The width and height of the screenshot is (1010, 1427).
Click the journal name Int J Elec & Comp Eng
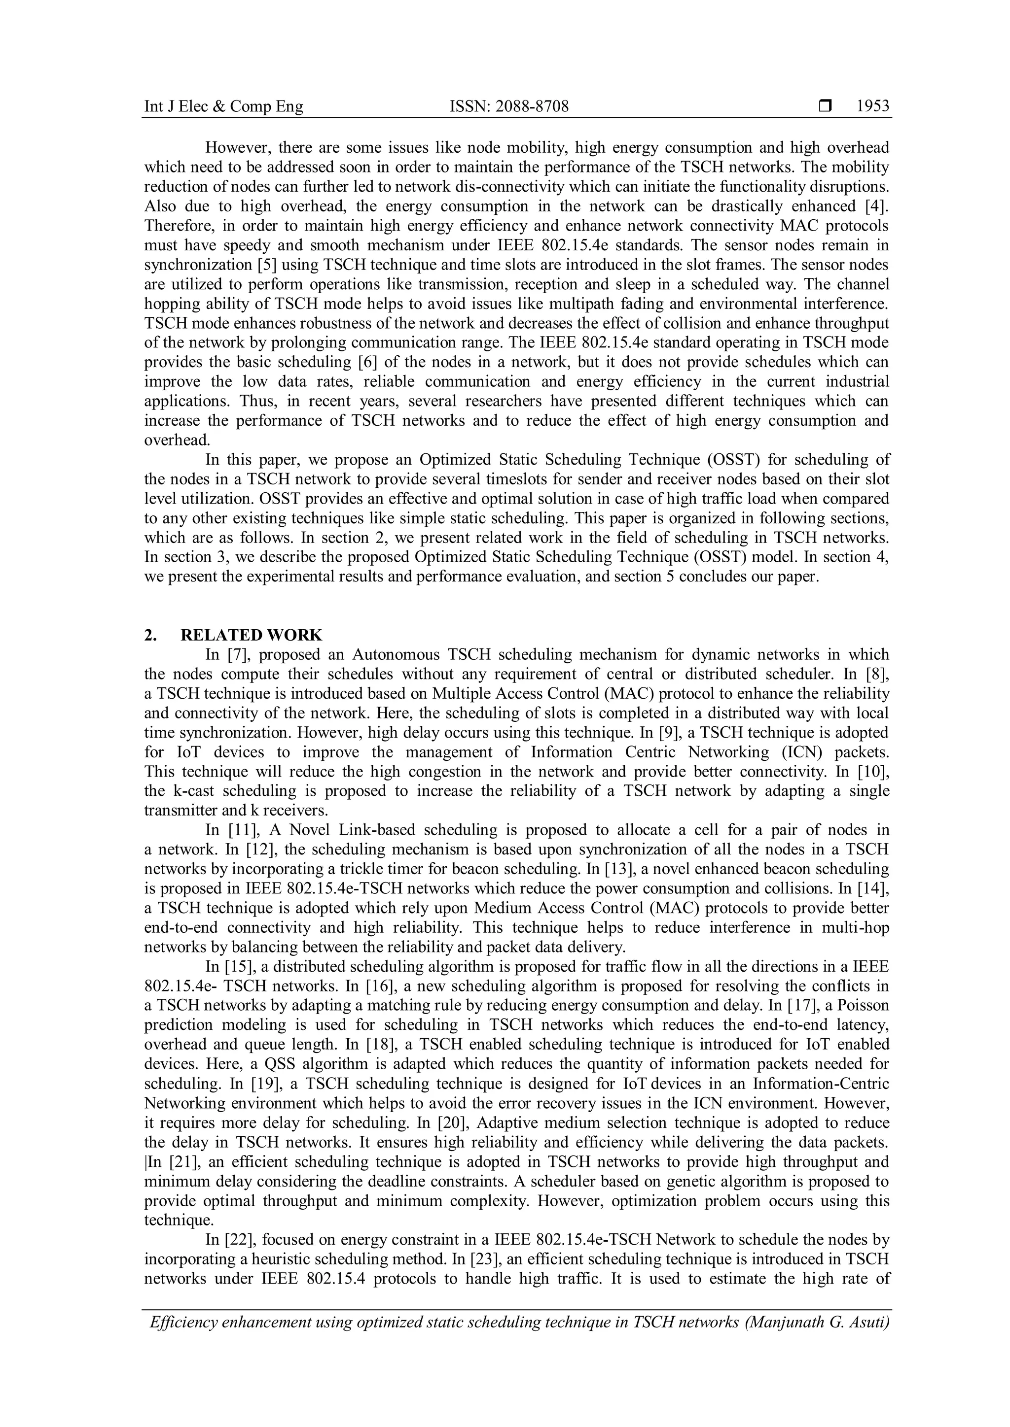pyautogui.click(x=223, y=107)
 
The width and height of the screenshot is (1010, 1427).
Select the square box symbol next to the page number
pyautogui.click(x=825, y=107)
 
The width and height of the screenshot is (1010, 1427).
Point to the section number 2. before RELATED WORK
pyautogui.click(x=150, y=635)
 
